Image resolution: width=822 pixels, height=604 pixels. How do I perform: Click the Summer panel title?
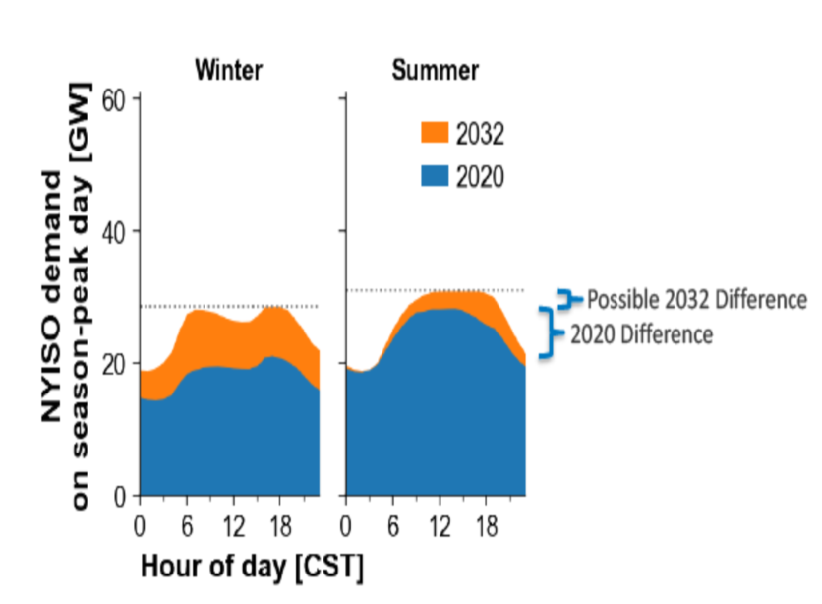[436, 70]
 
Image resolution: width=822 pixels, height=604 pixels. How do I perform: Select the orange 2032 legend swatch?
[435, 133]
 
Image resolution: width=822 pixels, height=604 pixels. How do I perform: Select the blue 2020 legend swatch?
[435, 176]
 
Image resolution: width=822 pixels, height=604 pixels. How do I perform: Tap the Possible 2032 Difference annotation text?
[697, 299]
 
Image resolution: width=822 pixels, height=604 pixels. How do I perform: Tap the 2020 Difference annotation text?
[641, 334]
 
